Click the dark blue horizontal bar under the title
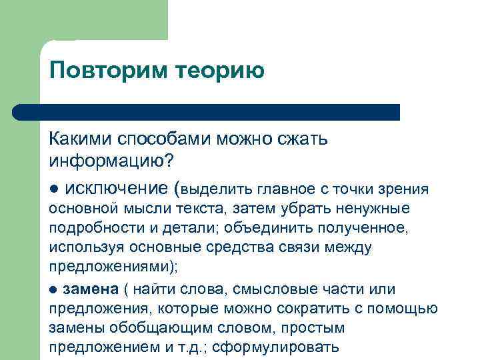pos(207,112)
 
